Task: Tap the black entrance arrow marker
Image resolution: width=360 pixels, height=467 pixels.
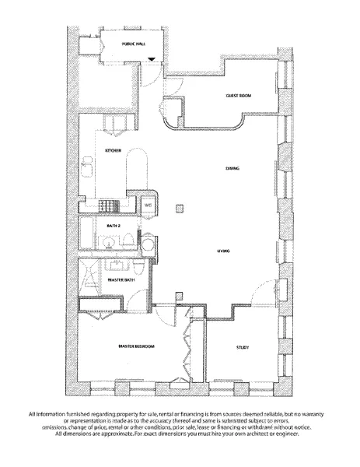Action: click(x=152, y=59)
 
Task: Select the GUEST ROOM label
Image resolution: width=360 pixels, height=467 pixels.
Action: click(x=239, y=95)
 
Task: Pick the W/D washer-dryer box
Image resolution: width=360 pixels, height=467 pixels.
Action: click(x=147, y=205)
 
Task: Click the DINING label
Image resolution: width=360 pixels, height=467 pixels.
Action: click(x=232, y=168)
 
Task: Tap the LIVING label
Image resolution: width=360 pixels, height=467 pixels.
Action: click(x=225, y=251)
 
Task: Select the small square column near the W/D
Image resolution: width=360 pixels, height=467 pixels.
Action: click(x=180, y=207)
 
